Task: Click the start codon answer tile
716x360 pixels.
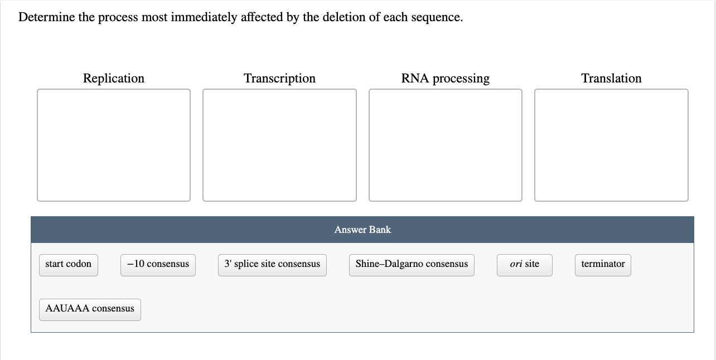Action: coord(68,265)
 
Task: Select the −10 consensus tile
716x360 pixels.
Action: coord(158,265)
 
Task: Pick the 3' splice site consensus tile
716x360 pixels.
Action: coord(272,265)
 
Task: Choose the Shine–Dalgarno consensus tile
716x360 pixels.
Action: coord(412,265)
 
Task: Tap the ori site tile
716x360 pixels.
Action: coord(524,265)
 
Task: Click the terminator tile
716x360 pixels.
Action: coord(603,265)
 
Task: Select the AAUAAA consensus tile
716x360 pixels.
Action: coord(90,309)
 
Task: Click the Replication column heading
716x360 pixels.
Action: coord(114,79)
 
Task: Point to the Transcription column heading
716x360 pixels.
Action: coord(279,79)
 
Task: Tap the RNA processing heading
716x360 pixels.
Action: coord(445,79)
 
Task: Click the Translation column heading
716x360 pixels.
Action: coord(611,79)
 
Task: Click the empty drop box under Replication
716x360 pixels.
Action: coord(114,145)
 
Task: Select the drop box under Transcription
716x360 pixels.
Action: coord(279,145)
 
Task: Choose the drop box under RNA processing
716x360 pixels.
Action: coord(445,145)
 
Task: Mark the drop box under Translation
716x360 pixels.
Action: coord(611,145)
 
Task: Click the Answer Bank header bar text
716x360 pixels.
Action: coord(362,230)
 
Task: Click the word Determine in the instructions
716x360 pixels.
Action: coord(46,17)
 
